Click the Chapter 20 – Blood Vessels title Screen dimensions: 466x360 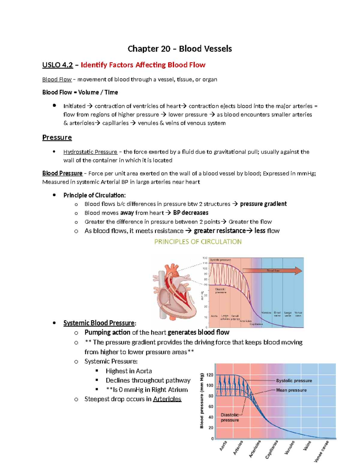[x=180, y=49]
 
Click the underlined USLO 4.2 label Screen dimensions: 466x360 [x=58, y=65]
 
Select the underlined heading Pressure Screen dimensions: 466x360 [x=57, y=137]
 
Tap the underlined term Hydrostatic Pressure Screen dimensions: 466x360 [x=90, y=152]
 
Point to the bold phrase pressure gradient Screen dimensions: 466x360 [x=263, y=204]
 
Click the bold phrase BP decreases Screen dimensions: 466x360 [x=191, y=213]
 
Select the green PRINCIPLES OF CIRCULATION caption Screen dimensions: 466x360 [x=198, y=242]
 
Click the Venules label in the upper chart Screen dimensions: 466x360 [x=266, y=313]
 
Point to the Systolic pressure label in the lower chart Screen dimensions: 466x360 [x=294, y=380]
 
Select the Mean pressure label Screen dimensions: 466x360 [x=291, y=390]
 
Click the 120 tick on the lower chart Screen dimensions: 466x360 [x=210, y=375]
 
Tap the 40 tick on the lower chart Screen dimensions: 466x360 [x=211, y=417]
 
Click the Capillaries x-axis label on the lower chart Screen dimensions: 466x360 [x=272, y=449]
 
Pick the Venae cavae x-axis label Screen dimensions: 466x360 [x=321, y=451]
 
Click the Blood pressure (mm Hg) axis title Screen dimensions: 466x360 [x=202, y=401]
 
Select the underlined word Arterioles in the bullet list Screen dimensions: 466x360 [x=167, y=399]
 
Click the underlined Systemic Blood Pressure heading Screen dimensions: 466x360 [x=99, y=323]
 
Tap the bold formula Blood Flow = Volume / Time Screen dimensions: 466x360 [x=80, y=92]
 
